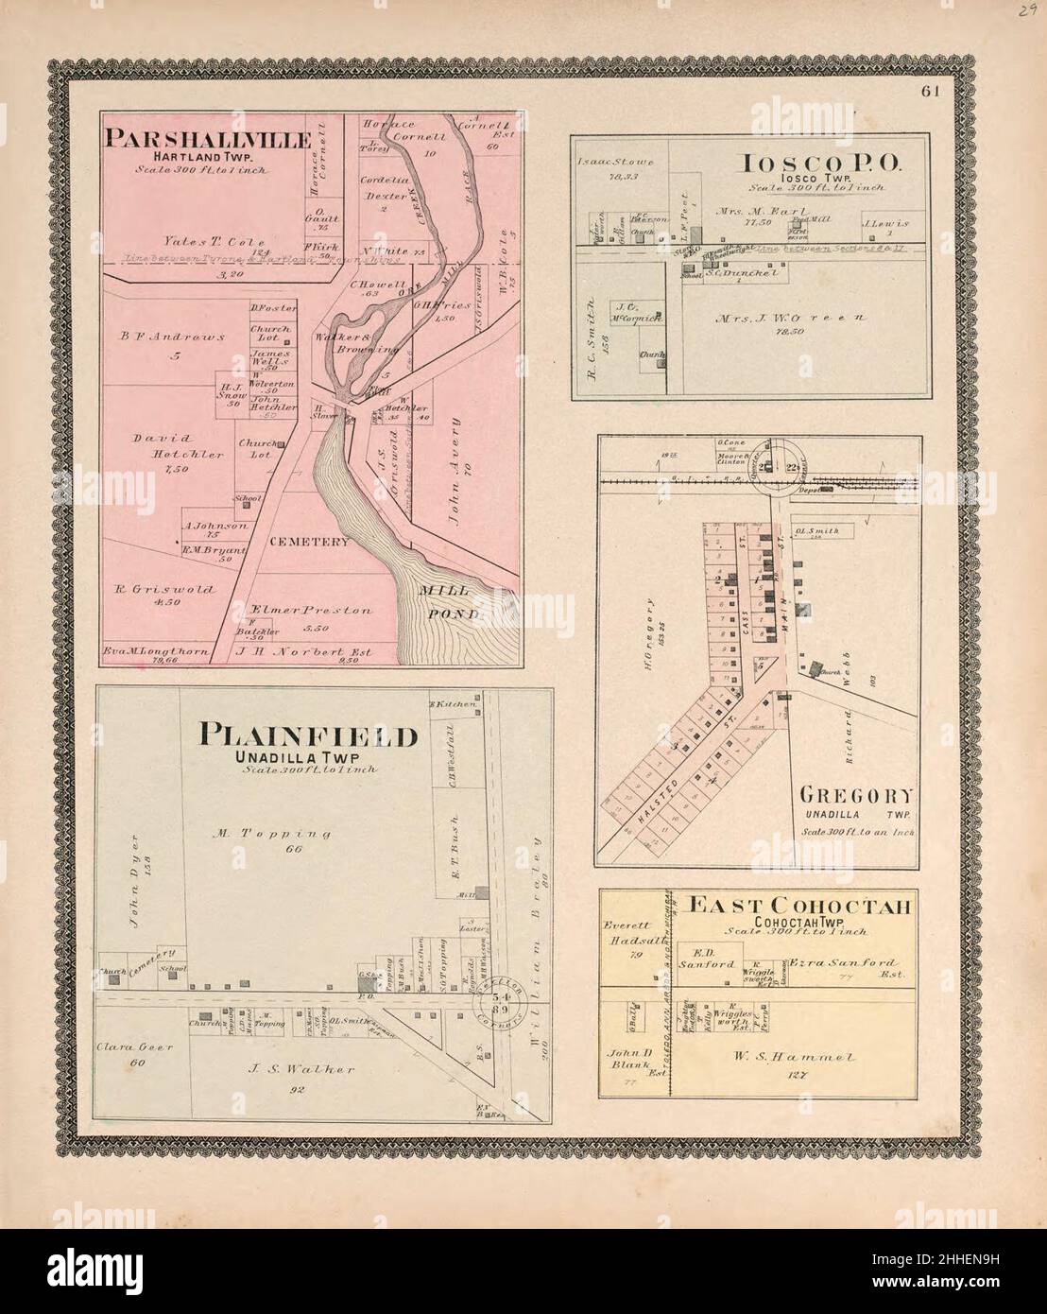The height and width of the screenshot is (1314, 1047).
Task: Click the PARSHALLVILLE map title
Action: [209, 140]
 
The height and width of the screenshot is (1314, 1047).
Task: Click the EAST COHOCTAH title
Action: [800, 907]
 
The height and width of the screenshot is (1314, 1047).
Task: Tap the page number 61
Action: [931, 92]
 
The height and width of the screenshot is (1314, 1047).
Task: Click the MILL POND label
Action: [450, 601]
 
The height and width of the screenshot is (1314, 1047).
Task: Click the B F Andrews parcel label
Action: [171, 336]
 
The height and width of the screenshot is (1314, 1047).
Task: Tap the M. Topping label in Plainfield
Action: [269, 834]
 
